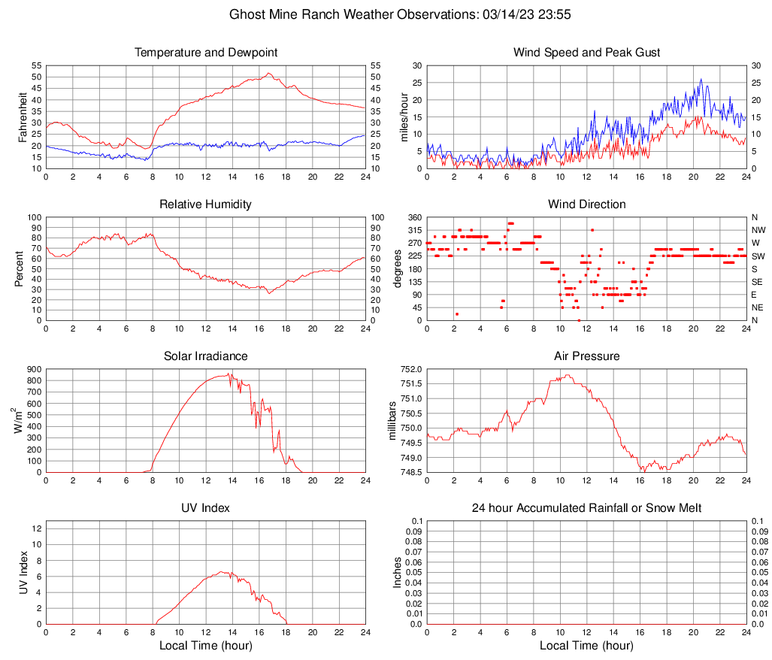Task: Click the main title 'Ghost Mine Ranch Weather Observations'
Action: (352, 14)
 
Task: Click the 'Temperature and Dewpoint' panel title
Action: (206, 53)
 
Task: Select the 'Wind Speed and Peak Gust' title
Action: (586, 53)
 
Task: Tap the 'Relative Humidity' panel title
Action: (206, 204)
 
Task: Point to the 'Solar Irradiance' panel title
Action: (206, 356)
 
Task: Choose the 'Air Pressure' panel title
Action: (586, 356)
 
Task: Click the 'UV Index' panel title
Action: (206, 508)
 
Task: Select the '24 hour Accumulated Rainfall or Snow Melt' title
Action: (586, 508)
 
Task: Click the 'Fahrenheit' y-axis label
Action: (22, 117)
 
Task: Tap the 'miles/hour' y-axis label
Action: (404, 117)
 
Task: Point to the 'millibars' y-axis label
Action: (392, 421)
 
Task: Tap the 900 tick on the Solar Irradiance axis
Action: (34, 370)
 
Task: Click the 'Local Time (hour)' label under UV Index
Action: (206, 646)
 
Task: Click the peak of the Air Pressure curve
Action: (568, 375)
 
